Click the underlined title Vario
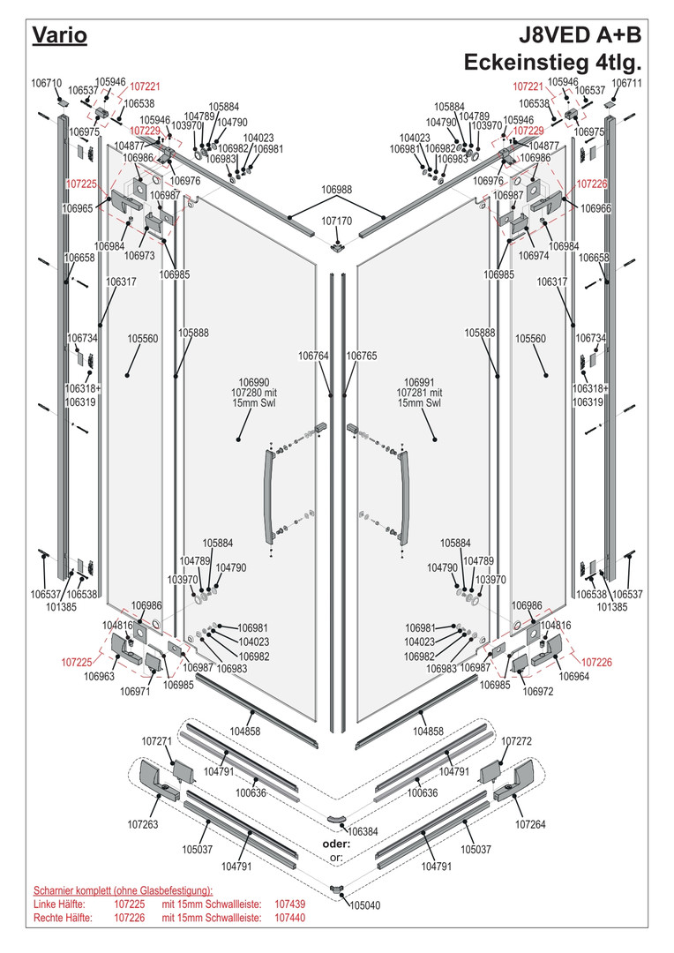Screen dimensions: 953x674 (60, 35)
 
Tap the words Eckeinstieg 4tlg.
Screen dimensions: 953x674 (552, 64)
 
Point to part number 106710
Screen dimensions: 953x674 (46, 83)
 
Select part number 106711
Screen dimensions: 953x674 (627, 83)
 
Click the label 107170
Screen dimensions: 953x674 (337, 221)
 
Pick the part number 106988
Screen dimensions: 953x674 (336, 190)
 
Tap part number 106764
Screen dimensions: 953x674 (313, 356)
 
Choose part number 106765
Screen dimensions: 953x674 (362, 356)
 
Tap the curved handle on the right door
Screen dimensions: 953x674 (406, 497)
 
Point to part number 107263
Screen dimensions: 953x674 (143, 824)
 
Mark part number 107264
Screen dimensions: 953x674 (531, 824)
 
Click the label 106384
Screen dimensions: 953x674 (363, 831)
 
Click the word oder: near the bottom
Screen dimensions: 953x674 (336, 844)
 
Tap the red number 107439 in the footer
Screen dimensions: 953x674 (290, 904)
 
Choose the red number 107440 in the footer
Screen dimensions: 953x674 (290, 919)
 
